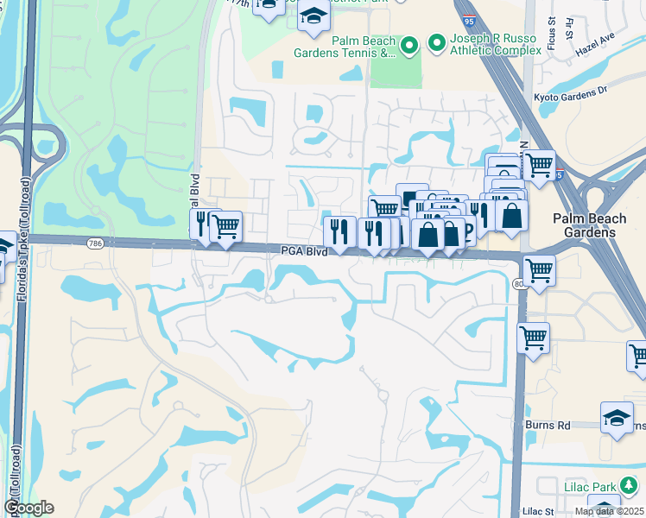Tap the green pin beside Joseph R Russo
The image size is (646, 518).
click(437, 42)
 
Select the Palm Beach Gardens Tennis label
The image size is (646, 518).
click(356, 47)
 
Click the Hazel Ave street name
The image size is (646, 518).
click(595, 60)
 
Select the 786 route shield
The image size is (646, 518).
click(95, 244)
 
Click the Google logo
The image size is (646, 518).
click(28, 508)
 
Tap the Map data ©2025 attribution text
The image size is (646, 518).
click(608, 511)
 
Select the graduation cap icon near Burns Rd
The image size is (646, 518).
click(616, 419)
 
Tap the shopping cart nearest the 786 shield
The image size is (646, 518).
click(225, 226)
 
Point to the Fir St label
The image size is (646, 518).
click(570, 28)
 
